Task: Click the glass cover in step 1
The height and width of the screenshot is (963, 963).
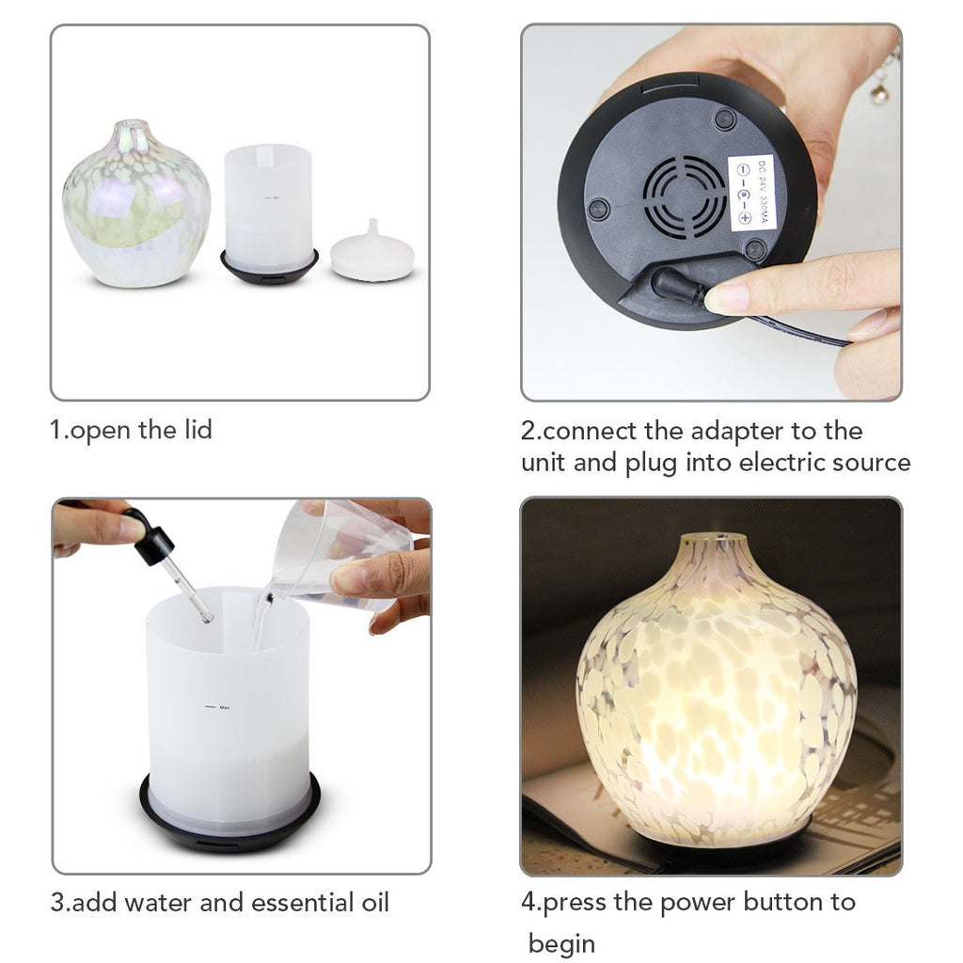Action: (135, 205)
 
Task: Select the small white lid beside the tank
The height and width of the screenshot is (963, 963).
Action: (372, 255)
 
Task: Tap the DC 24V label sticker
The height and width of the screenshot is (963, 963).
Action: (750, 193)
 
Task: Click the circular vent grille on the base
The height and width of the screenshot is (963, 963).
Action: (684, 194)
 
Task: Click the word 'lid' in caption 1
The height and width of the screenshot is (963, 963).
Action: (195, 430)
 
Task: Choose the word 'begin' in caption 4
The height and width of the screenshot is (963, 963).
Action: (561, 942)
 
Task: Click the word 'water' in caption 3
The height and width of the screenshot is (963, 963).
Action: (159, 903)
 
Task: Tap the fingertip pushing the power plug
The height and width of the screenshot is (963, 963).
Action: (729, 298)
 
